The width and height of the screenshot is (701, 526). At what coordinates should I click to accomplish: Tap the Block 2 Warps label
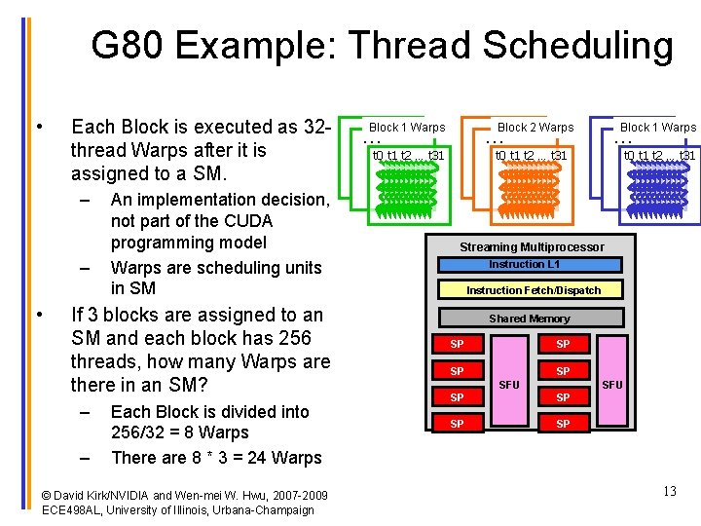click(535, 128)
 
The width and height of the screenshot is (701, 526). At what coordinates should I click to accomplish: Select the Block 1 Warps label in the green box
click(407, 128)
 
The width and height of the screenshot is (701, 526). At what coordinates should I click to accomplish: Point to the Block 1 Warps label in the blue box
click(658, 128)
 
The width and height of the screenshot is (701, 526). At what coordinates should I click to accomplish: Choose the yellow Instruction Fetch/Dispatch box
click(534, 290)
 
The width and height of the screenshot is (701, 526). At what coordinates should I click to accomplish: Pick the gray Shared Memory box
click(530, 319)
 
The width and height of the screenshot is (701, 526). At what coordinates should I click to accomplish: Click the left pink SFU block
click(509, 384)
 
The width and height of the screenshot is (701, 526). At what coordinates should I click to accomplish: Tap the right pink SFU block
click(612, 384)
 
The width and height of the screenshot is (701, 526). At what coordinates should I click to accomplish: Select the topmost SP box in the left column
click(457, 344)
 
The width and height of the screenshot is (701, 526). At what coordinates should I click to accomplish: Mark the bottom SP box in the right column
click(563, 424)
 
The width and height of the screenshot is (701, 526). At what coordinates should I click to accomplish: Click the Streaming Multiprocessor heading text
click(532, 247)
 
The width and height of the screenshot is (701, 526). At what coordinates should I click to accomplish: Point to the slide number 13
click(669, 491)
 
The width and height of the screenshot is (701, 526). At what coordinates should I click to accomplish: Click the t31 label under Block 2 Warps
click(559, 155)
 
